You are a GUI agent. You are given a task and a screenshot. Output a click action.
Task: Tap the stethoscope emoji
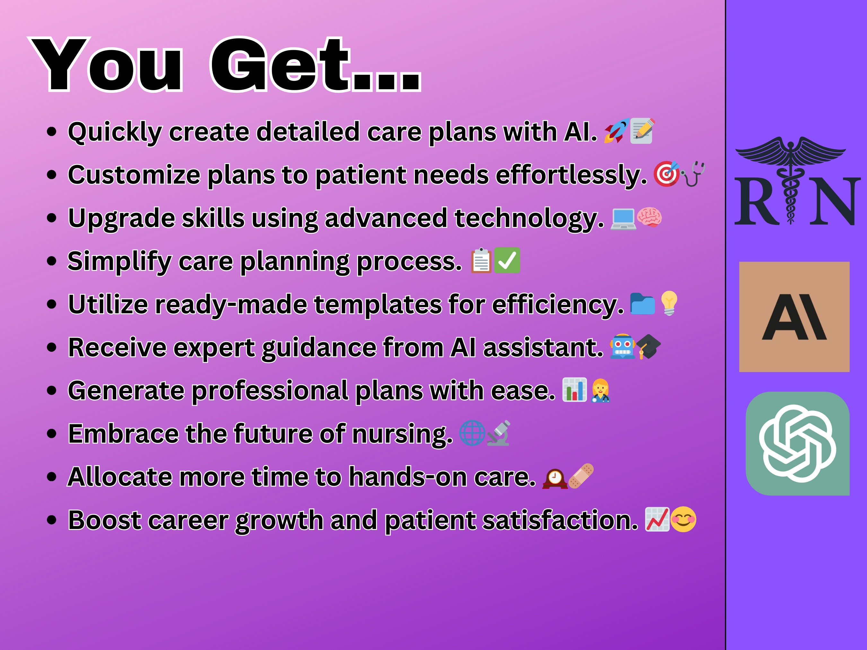[x=693, y=174]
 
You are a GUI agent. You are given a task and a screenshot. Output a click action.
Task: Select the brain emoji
[x=649, y=217]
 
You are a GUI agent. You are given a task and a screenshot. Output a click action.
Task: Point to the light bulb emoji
[x=669, y=303]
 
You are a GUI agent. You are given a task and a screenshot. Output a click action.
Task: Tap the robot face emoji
[x=622, y=346]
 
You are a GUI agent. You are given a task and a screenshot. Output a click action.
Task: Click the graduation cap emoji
[x=648, y=346]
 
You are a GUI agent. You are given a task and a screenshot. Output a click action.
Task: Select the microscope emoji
[x=499, y=433]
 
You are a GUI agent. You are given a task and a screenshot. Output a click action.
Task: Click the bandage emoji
[x=581, y=476]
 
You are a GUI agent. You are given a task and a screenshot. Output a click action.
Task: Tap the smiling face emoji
[x=684, y=520]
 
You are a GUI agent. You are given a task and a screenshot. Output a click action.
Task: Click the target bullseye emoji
[x=666, y=174]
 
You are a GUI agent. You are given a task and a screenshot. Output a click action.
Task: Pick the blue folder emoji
[x=643, y=304]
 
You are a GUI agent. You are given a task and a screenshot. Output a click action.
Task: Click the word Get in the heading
[x=281, y=65]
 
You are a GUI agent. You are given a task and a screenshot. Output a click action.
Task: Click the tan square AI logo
[x=794, y=316]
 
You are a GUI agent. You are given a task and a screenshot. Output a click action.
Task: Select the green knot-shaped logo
[x=797, y=443]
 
